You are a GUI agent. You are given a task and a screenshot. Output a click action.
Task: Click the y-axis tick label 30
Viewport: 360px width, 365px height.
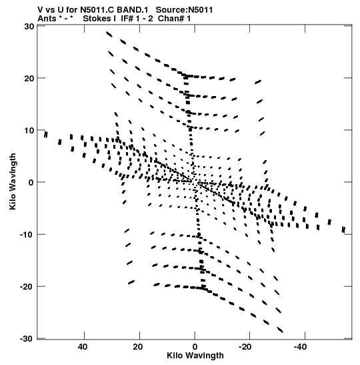[x=29, y=27]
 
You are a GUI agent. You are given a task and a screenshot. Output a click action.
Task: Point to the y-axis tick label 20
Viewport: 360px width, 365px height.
[x=29, y=79]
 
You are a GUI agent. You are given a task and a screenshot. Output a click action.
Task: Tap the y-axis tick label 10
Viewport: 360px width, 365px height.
[x=29, y=131]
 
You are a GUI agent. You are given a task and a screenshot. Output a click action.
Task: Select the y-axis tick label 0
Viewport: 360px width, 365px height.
[x=31, y=183]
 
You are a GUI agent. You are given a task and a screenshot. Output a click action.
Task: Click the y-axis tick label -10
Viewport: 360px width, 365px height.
[x=27, y=235]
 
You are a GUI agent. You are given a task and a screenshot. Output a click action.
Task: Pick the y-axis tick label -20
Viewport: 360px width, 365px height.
[x=27, y=286]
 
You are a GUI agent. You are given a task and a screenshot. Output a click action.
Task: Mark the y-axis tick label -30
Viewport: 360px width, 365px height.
[x=27, y=339]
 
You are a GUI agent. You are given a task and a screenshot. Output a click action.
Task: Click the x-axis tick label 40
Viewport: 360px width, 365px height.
[x=83, y=347]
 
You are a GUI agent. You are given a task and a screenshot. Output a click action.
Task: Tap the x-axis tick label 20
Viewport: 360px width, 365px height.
[x=138, y=347]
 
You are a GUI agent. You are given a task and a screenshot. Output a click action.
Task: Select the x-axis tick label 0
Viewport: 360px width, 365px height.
[x=195, y=347]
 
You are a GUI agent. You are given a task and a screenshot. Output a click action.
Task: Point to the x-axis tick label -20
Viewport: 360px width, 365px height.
[x=245, y=347]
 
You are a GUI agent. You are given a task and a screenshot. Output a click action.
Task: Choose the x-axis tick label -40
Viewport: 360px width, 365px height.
[x=300, y=347]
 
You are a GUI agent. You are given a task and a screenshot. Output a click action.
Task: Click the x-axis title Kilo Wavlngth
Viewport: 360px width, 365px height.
[x=195, y=356]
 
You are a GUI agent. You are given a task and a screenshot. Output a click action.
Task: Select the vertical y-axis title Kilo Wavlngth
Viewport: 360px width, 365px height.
[x=13, y=181]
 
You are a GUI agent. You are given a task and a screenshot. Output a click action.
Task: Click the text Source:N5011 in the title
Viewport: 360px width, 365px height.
[x=184, y=10]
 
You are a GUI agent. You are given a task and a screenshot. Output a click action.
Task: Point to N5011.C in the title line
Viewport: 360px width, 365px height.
[x=97, y=10]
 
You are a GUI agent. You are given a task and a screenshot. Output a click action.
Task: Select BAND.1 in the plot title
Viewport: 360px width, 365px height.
[x=132, y=10]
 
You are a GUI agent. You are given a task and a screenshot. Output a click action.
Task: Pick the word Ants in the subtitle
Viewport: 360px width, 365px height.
[x=47, y=19]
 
